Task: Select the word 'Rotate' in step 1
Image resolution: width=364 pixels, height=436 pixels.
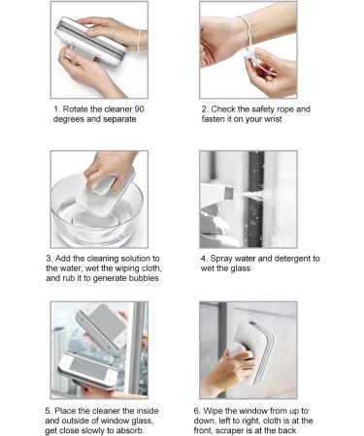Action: pos(83,109)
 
